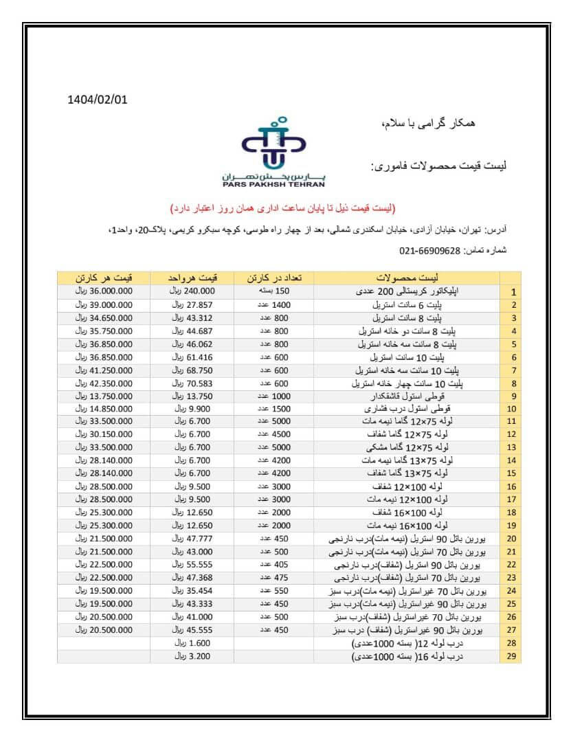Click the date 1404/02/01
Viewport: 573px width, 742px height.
98,99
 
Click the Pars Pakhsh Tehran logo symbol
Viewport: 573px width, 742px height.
273,146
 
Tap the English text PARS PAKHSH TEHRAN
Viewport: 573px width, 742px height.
274,184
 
